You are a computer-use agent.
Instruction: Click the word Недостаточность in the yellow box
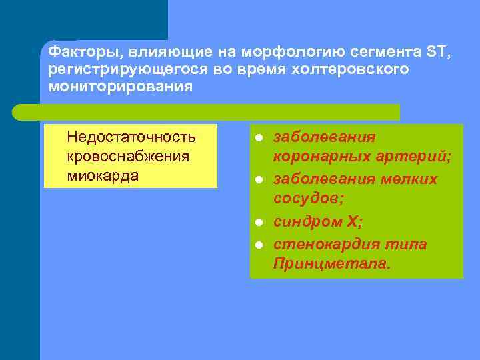tap(131, 137)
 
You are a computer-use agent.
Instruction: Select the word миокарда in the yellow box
tap(103, 175)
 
